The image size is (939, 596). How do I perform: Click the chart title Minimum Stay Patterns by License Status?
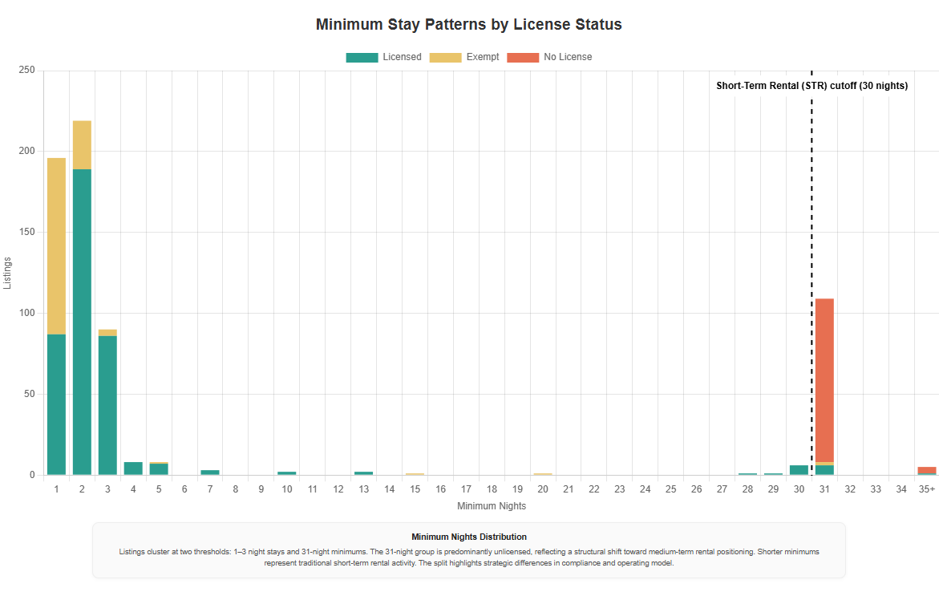[x=469, y=24]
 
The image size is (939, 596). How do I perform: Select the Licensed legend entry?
[x=383, y=57]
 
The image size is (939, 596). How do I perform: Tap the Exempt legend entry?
[x=464, y=57]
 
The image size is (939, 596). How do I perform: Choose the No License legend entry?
[x=549, y=57]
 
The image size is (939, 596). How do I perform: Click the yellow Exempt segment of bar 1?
[x=56, y=245]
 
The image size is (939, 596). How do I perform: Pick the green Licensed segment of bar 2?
[x=82, y=321]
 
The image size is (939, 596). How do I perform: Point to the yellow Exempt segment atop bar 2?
[x=82, y=144]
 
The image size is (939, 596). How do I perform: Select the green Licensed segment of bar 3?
[x=107, y=405]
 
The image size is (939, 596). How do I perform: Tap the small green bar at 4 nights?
[x=133, y=468]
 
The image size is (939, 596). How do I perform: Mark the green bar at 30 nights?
[x=799, y=470]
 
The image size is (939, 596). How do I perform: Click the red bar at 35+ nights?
[x=926, y=470]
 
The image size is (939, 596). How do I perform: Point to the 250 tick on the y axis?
[x=26, y=71]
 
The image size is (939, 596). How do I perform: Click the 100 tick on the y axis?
[x=26, y=313]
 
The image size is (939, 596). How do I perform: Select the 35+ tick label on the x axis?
[x=926, y=489]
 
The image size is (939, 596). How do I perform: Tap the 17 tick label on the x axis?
[x=466, y=489]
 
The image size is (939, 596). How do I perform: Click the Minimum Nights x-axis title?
[x=492, y=506]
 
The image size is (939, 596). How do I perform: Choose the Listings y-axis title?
[x=8, y=273]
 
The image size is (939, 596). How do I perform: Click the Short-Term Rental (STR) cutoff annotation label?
[x=812, y=86]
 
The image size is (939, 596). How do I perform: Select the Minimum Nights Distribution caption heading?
[x=469, y=537]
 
